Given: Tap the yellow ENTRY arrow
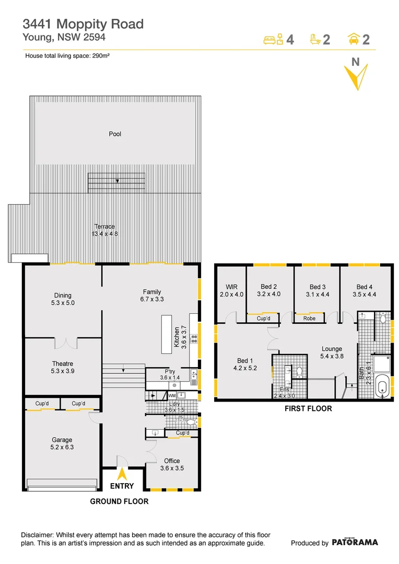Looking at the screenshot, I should tap(122, 474).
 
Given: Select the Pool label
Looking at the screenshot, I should tap(115, 134).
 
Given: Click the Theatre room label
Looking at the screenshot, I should tap(62, 364).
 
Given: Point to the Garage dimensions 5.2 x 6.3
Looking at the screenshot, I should tap(62, 448).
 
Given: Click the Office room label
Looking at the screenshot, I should tap(172, 461).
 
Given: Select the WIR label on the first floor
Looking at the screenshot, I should tap(231, 287).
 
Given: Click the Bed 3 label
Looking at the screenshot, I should tap(318, 287).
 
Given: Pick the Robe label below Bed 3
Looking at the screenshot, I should tap(309, 318).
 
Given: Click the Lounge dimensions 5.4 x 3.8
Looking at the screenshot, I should tap(332, 357).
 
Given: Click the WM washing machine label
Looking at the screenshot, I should tap(172, 396).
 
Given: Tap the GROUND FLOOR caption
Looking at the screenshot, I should tap(119, 501).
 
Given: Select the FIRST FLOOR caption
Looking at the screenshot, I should tap(308, 408).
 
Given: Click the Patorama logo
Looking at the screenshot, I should tap(355, 542).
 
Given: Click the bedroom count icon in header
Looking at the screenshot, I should tap(274, 39).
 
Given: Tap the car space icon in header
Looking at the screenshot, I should tap(353, 39).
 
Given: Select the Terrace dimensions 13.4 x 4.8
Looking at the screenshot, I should tap(104, 234).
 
